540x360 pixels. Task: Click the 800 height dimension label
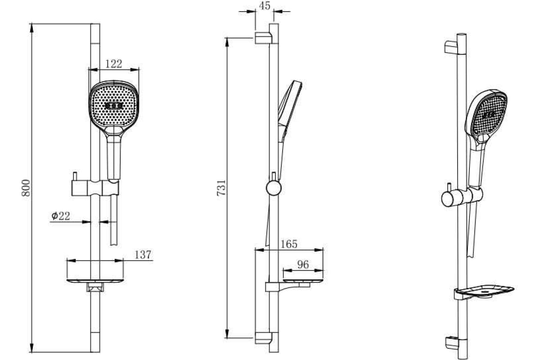(x=26, y=188)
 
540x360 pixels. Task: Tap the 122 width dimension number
(x=114, y=64)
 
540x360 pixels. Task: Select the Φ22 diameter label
(x=60, y=216)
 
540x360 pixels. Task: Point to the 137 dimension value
(x=143, y=255)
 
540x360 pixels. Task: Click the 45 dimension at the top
(x=265, y=6)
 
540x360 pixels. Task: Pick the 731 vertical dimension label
(x=221, y=188)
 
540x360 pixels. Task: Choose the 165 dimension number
(x=289, y=244)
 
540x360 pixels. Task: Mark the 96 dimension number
(x=303, y=265)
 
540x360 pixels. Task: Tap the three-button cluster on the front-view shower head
(x=114, y=106)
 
